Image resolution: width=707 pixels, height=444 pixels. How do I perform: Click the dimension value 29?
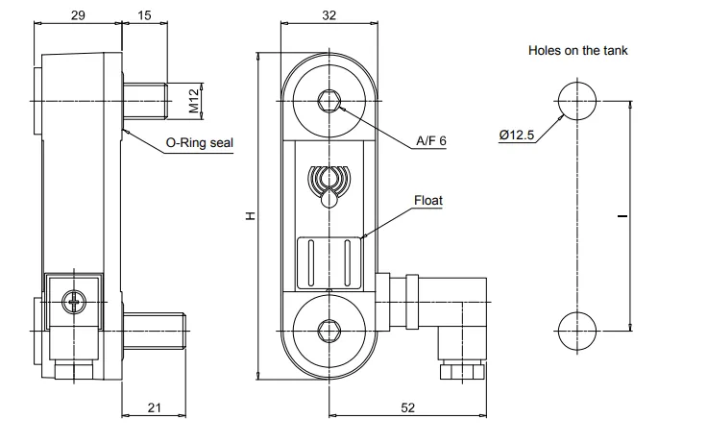[78, 15]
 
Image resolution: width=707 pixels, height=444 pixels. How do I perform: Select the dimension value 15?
[144, 15]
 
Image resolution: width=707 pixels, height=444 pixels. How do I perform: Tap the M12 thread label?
[194, 101]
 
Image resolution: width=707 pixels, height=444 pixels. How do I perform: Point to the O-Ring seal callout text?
[199, 142]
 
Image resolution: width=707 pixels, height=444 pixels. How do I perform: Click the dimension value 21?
[155, 407]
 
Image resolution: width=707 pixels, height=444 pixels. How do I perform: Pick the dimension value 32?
[329, 15]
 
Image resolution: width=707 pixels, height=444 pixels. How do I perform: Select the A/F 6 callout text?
[431, 140]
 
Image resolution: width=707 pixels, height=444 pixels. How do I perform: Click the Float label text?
[428, 200]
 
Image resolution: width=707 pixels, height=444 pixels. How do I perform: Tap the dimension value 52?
[407, 407]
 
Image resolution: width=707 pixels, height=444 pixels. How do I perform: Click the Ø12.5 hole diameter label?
[517, 135]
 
